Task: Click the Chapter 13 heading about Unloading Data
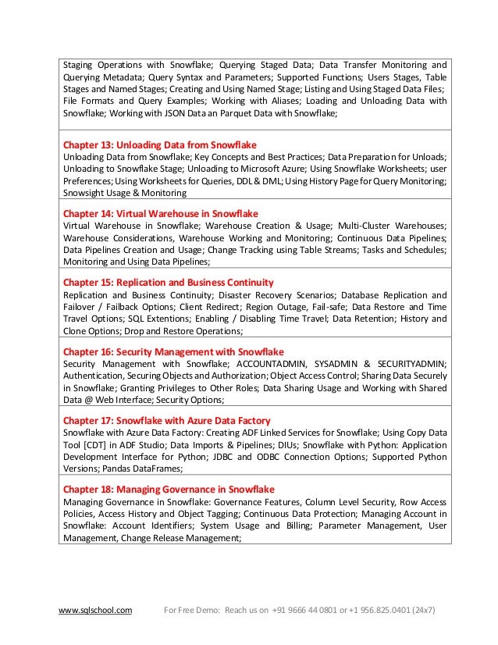click(x=159, y=145)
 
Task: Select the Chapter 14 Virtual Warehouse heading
click(x=160, y=213)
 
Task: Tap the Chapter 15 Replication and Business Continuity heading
click(x=168, y=282)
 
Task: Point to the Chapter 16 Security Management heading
click(x=173, y=351)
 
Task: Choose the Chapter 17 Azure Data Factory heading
click(x=166, y=420)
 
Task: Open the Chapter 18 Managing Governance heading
click(x=169, y=489)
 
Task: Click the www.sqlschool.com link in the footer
click(x=96, y=610)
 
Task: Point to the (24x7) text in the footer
click(x=423, y=610)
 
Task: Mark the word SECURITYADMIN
click(x=408, y=364)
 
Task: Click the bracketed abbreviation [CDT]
click(x=95, y=445)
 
